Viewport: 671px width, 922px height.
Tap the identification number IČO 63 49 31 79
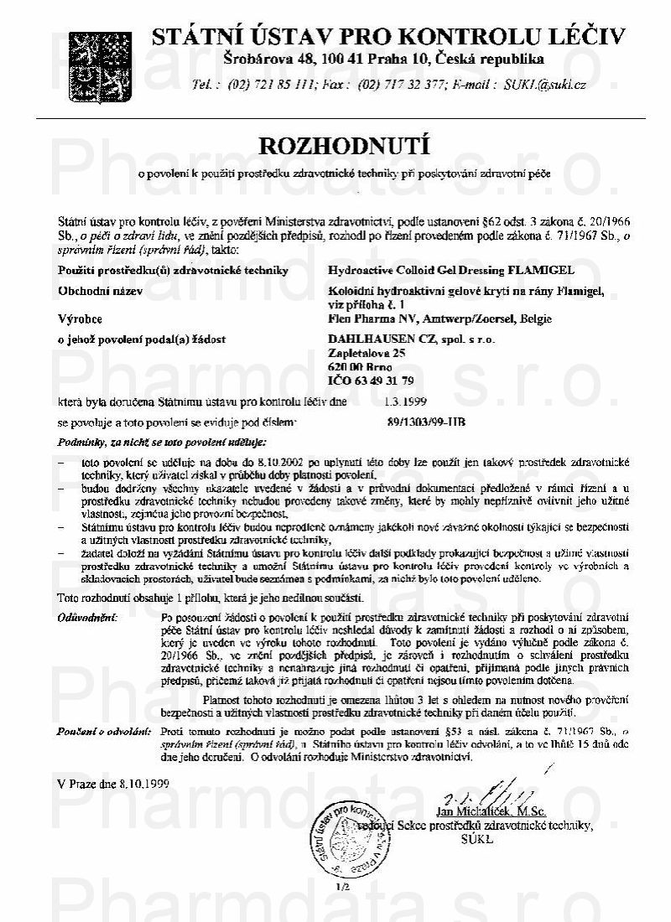pyautogui.click(x=366, y=381)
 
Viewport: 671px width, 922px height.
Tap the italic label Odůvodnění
pyautogui.click(x=88, y=618)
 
